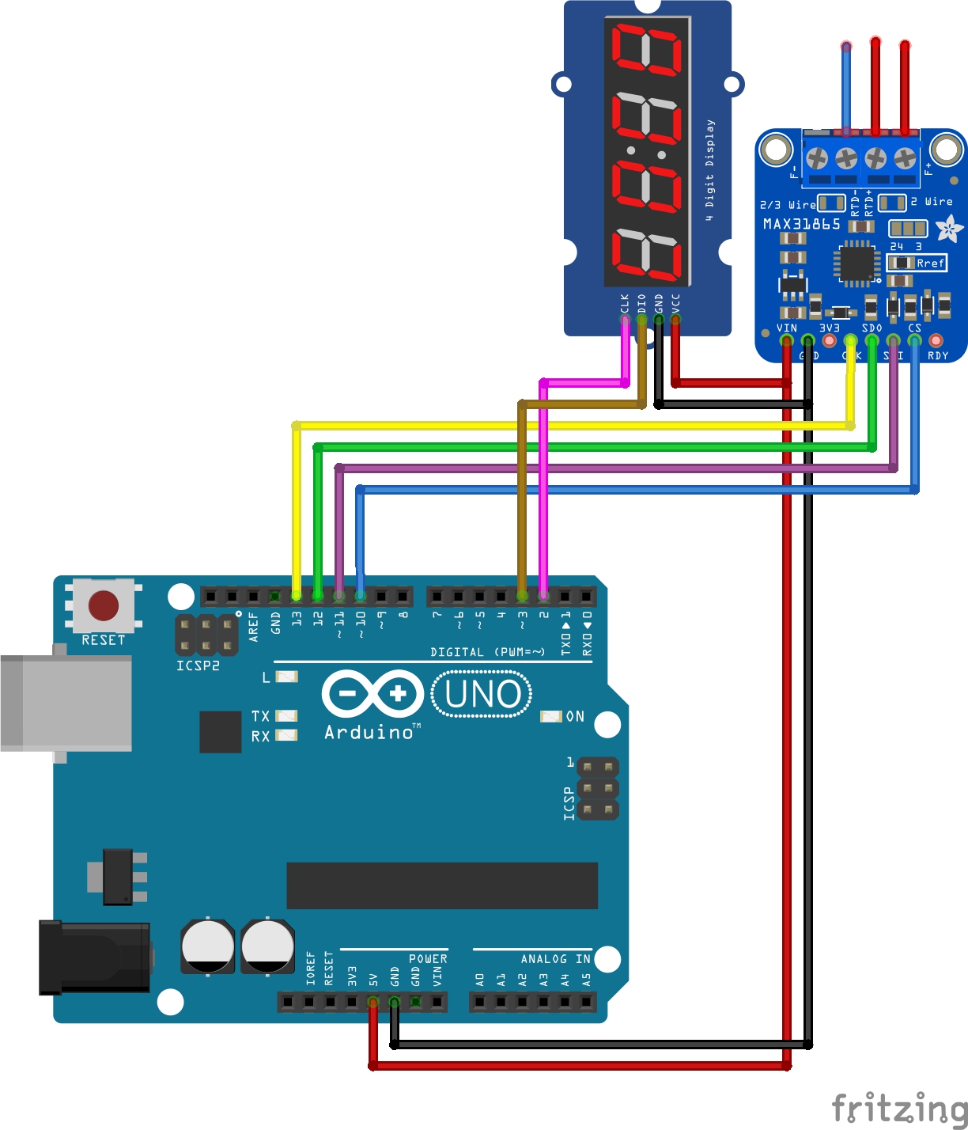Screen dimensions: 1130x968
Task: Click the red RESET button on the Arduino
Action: click(x=104, y=605)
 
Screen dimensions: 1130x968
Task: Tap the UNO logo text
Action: click(x=482, y=694)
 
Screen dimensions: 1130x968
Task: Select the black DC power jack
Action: click(x=94, y=957)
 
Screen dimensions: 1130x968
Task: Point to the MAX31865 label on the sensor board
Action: click(x=801, y=225)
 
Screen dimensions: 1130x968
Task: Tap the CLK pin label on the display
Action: click(x=625, y=303)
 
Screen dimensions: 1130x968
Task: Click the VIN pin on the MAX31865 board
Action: click(x=786, y=341)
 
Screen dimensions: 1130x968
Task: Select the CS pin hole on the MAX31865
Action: click(x=914, y=341)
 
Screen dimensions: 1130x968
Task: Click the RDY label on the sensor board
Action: click(x=938, y=356)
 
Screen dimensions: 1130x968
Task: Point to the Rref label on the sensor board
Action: click(x=930, y=263)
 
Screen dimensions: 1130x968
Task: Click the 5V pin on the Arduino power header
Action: click(x=372, y=1002)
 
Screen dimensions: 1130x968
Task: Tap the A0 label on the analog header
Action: click(x=479, y=979)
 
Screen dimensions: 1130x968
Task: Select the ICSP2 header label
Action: click(x=198, y=666)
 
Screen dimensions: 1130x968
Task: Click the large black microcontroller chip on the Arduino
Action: click(x=441, y=885)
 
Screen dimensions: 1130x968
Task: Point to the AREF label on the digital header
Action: click(x=254, y=625)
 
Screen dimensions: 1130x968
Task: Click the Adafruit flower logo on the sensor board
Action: click(x=948, y=229)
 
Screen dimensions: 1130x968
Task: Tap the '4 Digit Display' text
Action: click(x=709, y=169)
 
